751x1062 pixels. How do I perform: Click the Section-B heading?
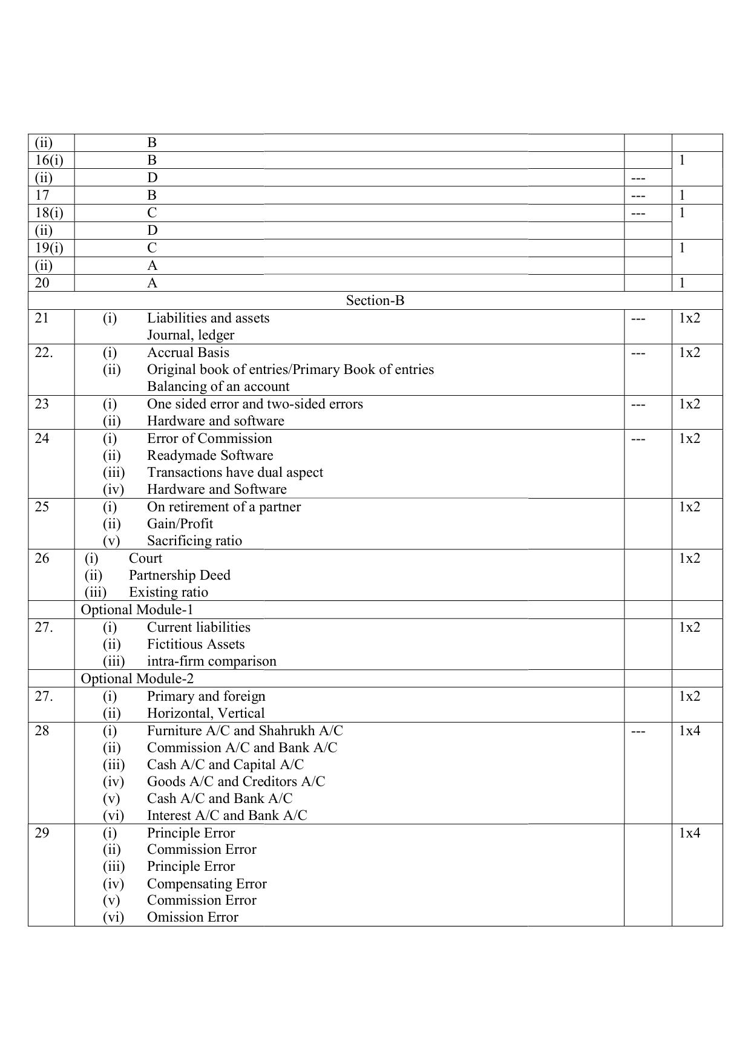coord(375,301)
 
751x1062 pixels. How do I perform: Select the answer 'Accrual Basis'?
coord(188,353)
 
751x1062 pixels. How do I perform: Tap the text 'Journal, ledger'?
coord(190,335)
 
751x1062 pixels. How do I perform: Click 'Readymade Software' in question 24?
coord(209,456)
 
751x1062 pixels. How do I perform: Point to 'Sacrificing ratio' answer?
coord(194,541)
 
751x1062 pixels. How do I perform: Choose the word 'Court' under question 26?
coord(145,559)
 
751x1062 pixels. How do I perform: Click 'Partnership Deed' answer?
coord(179,575)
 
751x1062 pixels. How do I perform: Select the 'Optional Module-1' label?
coord(137,610)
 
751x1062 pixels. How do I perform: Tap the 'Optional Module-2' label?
coord(137,679)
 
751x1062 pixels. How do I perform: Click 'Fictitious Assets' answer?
coord(195,644)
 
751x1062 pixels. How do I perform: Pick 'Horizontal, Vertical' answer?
coord(206,713)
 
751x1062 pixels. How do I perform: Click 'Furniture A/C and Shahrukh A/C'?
coord(244,731)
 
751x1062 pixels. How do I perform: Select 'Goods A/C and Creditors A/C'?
coord(235,782)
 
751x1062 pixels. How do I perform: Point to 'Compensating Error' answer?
coord(206,884)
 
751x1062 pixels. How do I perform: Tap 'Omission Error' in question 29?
coord(192,917)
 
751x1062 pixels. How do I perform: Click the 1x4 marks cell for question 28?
coord(689,731)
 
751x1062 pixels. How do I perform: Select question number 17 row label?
coord(42,195)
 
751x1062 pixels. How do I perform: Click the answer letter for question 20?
coord(152,283)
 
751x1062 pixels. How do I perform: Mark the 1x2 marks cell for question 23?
coord(689,404)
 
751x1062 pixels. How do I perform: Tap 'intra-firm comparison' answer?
coord(211,661)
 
